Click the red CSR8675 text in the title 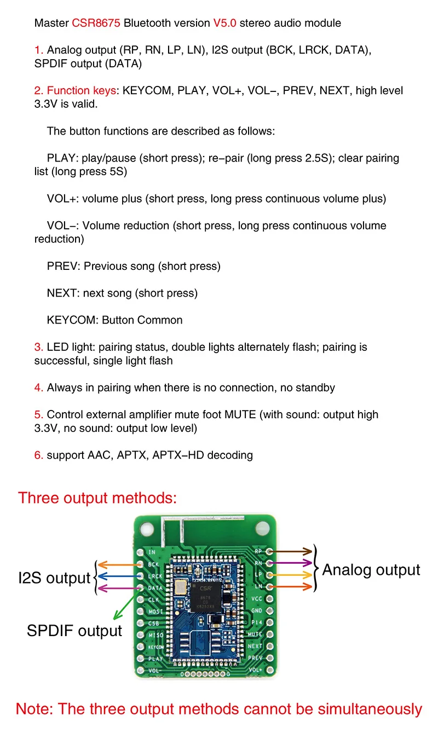coord(96,23)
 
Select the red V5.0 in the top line coord(225,23)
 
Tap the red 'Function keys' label coord(81,90)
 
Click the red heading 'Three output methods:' coord(97,498)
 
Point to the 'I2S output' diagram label coord(54,578)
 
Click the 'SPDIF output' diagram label coord(74,631)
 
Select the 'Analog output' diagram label coord(371,570)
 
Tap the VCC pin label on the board coord(257,599)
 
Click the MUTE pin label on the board coord(255,634)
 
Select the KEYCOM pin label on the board coord(156,647)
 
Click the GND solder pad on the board coord(269,610)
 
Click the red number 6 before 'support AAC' coord(38,455)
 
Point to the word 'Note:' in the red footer coord(34,709)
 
